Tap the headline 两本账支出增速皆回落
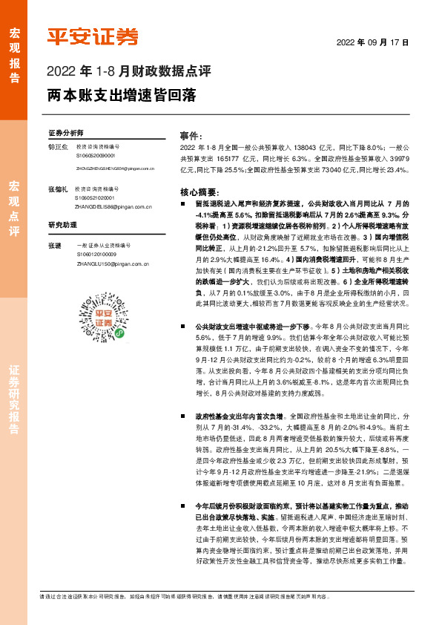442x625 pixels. click(x=122, y=96)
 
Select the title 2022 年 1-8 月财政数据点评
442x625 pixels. click(x=129, y=73)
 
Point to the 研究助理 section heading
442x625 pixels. click(x=63, y=224)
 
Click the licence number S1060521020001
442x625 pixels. click(x=95, y=198)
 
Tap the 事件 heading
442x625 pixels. click(x=192, y=136)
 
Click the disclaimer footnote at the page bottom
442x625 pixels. click(x=220, y=595)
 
